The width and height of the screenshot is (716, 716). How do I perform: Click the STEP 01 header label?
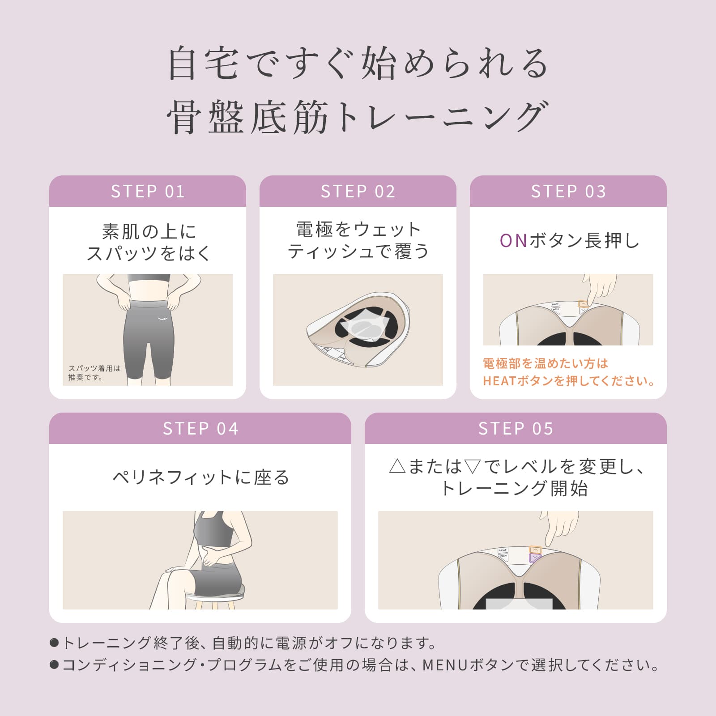pos(148,192)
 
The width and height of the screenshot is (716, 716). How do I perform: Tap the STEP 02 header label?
pos(358,192)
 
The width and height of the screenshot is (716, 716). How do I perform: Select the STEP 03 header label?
pos(568,192)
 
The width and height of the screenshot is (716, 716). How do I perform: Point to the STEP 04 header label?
pos(200,429)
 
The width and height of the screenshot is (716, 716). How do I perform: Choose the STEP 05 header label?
pos(516,429)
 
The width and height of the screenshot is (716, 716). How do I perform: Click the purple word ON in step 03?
pos(513,241)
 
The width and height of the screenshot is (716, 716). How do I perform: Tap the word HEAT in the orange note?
pos(499,381)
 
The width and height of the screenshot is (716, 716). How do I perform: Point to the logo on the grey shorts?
pos(162,319)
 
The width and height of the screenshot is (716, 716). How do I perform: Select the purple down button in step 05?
pos(535,558)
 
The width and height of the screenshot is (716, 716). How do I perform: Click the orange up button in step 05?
pos(535,550)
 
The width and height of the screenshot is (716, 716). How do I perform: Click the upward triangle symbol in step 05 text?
pos(397,467)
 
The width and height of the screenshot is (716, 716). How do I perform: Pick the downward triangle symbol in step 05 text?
pos(473,467)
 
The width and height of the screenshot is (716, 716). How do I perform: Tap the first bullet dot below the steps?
pos(54,643)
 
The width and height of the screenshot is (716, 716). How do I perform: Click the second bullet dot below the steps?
pos(54,665)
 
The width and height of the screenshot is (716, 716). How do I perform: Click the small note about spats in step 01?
pos(94,373)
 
